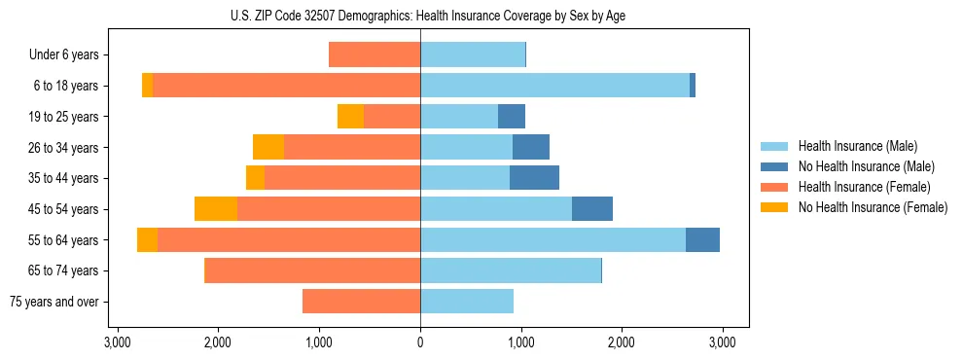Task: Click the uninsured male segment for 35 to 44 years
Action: pos(534,178)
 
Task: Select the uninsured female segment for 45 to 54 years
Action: pos(216,209)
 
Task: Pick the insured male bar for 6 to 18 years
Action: pos(554,86)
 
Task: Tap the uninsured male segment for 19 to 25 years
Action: pos(512,117)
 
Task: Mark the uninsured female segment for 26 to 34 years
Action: pos(268,148)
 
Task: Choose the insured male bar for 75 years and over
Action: pos(467,302)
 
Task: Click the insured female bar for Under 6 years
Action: pos(374,55)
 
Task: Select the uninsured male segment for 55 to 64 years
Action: pos(702,240)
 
